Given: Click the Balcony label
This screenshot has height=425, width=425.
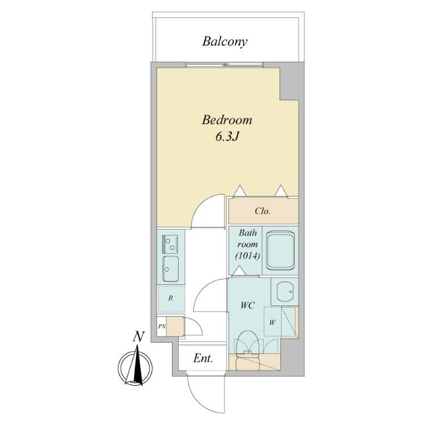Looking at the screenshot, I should tap(225, 42).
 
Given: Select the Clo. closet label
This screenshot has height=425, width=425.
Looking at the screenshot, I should tap(262, 212).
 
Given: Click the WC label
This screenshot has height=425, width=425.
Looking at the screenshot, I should tap(248, 306).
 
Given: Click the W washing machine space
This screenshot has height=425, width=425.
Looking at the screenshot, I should tap(273, 323).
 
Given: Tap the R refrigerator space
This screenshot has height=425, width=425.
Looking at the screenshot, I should tap(171, 298).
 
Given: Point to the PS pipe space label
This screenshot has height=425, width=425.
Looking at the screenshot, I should tap(161, 326).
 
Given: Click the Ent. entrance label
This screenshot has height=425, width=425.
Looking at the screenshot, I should tap(203, 359).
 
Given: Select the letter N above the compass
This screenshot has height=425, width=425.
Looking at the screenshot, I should tap(137, 337).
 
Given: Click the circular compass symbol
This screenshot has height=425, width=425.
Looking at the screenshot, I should tap(137, 367).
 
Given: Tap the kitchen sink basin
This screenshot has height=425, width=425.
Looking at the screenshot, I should tap(170, 268).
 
